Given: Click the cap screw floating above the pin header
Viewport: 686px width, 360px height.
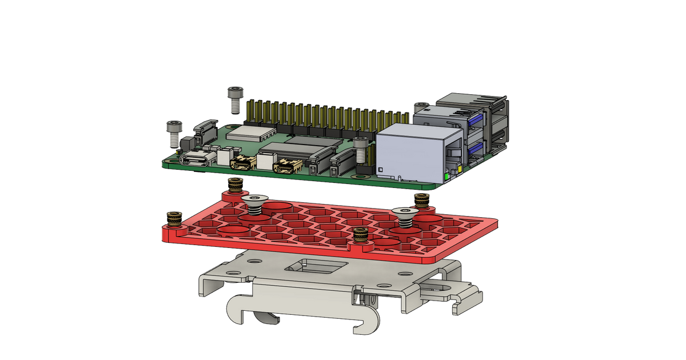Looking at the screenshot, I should [x=235, y=98].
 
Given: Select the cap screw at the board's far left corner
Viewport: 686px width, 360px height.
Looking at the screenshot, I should [x=173, y=131].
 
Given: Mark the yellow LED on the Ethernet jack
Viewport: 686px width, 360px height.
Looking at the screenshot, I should [x=459, y=169].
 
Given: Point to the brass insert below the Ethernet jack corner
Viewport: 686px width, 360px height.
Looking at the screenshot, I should [x=422, y=199].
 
